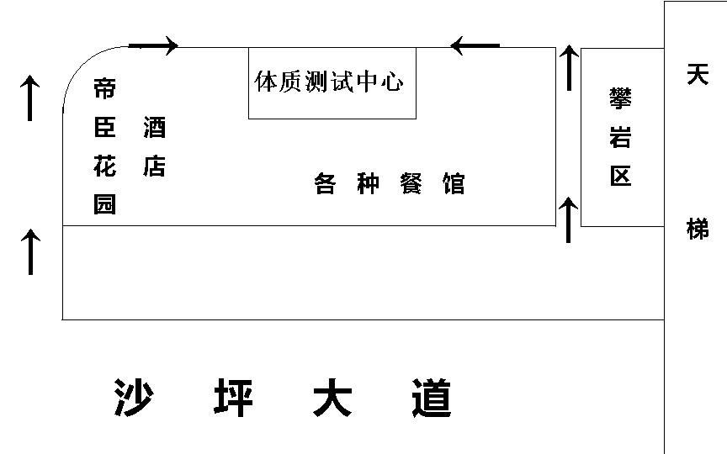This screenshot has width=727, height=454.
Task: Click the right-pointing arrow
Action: (153, 45)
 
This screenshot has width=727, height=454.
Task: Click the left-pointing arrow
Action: (475, 45)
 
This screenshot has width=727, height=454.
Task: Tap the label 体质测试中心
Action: (329, 82)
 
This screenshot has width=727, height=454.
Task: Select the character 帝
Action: (104, 88)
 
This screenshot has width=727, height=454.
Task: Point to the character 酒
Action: (154, 128)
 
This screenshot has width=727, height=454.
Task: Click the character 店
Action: (154, 166)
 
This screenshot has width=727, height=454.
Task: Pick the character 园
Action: (104, 204)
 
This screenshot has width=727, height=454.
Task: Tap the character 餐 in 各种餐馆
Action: (411, 183)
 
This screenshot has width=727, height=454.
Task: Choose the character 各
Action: (325, 183)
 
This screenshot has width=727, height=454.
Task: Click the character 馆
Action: (454, 183)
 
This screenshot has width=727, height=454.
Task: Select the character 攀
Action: (620, 98)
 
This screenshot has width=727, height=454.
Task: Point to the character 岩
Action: (620, 137)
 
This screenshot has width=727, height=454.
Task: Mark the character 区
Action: (620, 176)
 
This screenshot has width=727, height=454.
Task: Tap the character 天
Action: (698, 75)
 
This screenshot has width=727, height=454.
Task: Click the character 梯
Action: (698, 229)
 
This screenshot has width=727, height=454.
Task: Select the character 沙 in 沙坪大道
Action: (134, 398)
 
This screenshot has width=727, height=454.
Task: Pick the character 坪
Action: (233, 398)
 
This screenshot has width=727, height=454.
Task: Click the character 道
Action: (432, 398)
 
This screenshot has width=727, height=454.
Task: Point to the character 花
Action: (104, 166)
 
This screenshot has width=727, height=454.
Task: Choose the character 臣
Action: (104, 128)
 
